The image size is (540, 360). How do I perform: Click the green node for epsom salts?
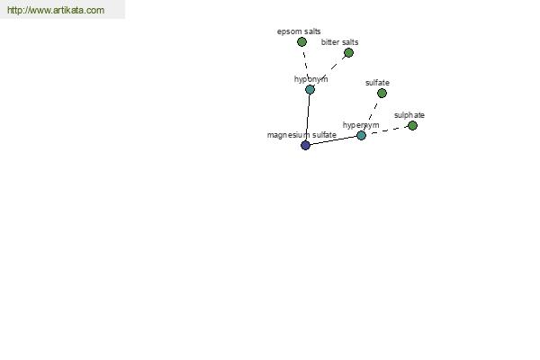[x=301, y=42]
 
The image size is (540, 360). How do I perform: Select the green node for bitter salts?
[x=348, y=53]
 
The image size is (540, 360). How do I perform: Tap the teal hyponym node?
[x=310, y=90]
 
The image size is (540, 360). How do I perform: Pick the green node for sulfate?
[x=382, y=93]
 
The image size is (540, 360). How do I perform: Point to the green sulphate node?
[x=412, y=126]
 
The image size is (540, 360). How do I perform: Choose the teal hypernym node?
[x=361, y=135]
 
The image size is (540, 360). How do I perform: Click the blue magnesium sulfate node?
[x=305, y=146]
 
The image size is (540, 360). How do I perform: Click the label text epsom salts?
[x=299, y=31]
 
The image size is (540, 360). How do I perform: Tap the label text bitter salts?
[x=339, y=42]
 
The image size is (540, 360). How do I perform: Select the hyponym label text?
[x=311, y=79]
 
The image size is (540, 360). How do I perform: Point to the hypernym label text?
[x=361, y=125]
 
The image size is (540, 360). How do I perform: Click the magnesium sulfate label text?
[x=301, y=135]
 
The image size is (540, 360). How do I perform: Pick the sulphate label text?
[x=409, y=115]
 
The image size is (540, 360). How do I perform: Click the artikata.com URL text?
[x=56, y=10]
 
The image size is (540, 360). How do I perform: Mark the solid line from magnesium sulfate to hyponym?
[x=308, y=118]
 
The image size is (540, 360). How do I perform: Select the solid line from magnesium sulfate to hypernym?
[x=333, y=140]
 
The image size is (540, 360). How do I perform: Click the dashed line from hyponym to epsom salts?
[x=306, y=66]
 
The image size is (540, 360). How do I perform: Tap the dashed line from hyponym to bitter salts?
[x=329, y=71]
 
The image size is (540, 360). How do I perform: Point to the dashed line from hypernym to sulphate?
[x=387, y=130]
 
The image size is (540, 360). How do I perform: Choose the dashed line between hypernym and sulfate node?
[x=372, y=114]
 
